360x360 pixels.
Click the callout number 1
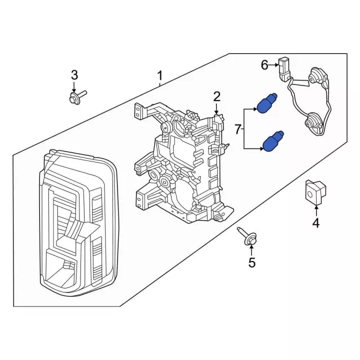coord(160,75)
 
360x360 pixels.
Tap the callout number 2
coord(217,97)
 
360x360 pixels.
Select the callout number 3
coord(74,75)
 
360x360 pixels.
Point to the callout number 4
coord(316,223)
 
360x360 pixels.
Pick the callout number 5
coord(251,262)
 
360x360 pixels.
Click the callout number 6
coord(264,65)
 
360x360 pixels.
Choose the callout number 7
coord(237,130)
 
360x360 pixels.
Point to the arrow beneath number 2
coord(217,110)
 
